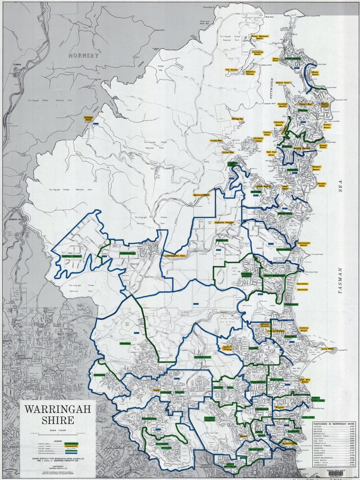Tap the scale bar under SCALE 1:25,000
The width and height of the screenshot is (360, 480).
[x=58, y=435]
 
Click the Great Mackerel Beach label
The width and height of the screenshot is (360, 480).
[x=259, y=37]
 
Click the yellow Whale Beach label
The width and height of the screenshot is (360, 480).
[x=315, y=73]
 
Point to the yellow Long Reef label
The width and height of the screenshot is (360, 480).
[x=327, y=349]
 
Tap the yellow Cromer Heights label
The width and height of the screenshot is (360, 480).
[x=227, y=348]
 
